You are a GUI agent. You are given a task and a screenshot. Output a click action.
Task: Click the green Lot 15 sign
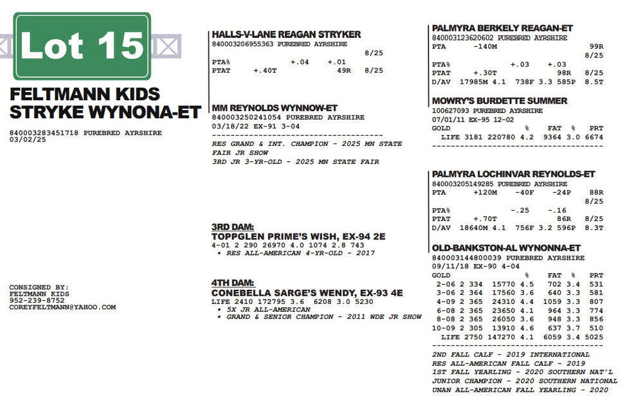(x=82, y=46)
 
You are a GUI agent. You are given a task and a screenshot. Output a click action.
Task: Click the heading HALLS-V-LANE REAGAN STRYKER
(x=286, y=35)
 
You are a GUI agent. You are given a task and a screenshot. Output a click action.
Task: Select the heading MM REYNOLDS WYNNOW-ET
(x=275, y=108)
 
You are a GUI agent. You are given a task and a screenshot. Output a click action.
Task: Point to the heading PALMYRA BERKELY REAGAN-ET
(x=502, y=29)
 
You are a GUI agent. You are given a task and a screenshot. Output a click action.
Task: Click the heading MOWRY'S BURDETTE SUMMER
(x=499, y=101)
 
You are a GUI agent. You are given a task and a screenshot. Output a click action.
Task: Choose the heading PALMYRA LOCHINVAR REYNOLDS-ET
(x=513, y=174)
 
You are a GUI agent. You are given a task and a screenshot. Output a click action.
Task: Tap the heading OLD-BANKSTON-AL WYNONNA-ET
(x=506, y=248)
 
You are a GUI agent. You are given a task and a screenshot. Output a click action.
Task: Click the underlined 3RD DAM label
(x=233, y=227)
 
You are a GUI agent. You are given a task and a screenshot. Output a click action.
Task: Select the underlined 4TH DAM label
(x=233, y=283)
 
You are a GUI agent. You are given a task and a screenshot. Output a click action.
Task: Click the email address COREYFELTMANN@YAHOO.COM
(x=62, y=307)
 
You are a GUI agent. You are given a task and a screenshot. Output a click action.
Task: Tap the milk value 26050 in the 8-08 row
(x=505, y=319)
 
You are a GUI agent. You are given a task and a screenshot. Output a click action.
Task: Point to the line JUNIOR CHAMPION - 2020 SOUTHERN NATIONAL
(x=524, y=381)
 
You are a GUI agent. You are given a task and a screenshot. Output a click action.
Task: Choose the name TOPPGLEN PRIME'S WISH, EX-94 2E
(x=298, y=237)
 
